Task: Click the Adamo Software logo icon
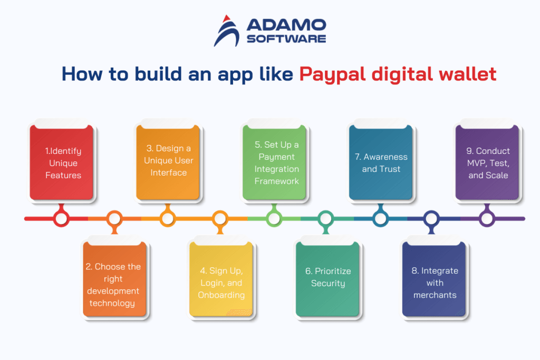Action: tap(228, 31)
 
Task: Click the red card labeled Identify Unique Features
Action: tap(61, 163)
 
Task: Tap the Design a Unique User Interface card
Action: tap(168, 163)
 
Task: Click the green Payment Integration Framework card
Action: tap(274, 163)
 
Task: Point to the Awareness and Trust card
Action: tap(381, 163)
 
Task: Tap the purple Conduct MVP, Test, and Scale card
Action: tap(487, 163)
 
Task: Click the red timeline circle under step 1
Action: tap(61, 218)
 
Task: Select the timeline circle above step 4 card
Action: tap(220, 218)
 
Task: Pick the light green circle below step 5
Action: tap(274, 218)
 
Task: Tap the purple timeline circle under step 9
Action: tap(487, 218)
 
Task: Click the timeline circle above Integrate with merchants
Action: tap(432, 218)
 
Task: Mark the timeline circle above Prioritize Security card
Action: tap(326, 218)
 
